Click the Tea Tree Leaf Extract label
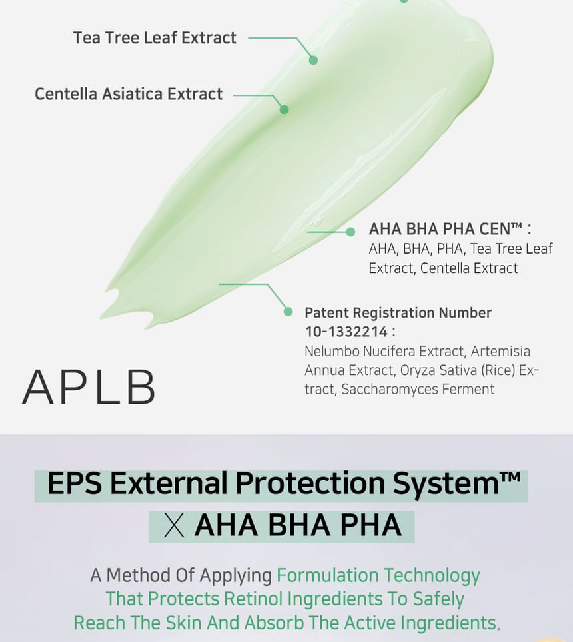coord(155,38)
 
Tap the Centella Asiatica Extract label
coord(129,94)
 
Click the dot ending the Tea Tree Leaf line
coord(313,60)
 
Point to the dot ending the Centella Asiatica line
coord(284,109)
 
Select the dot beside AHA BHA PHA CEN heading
coord(350,232)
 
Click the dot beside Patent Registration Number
coord(288,311)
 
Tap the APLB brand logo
coord(89,387)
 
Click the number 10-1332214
coord(346,332)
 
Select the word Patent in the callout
coord(326,313)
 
